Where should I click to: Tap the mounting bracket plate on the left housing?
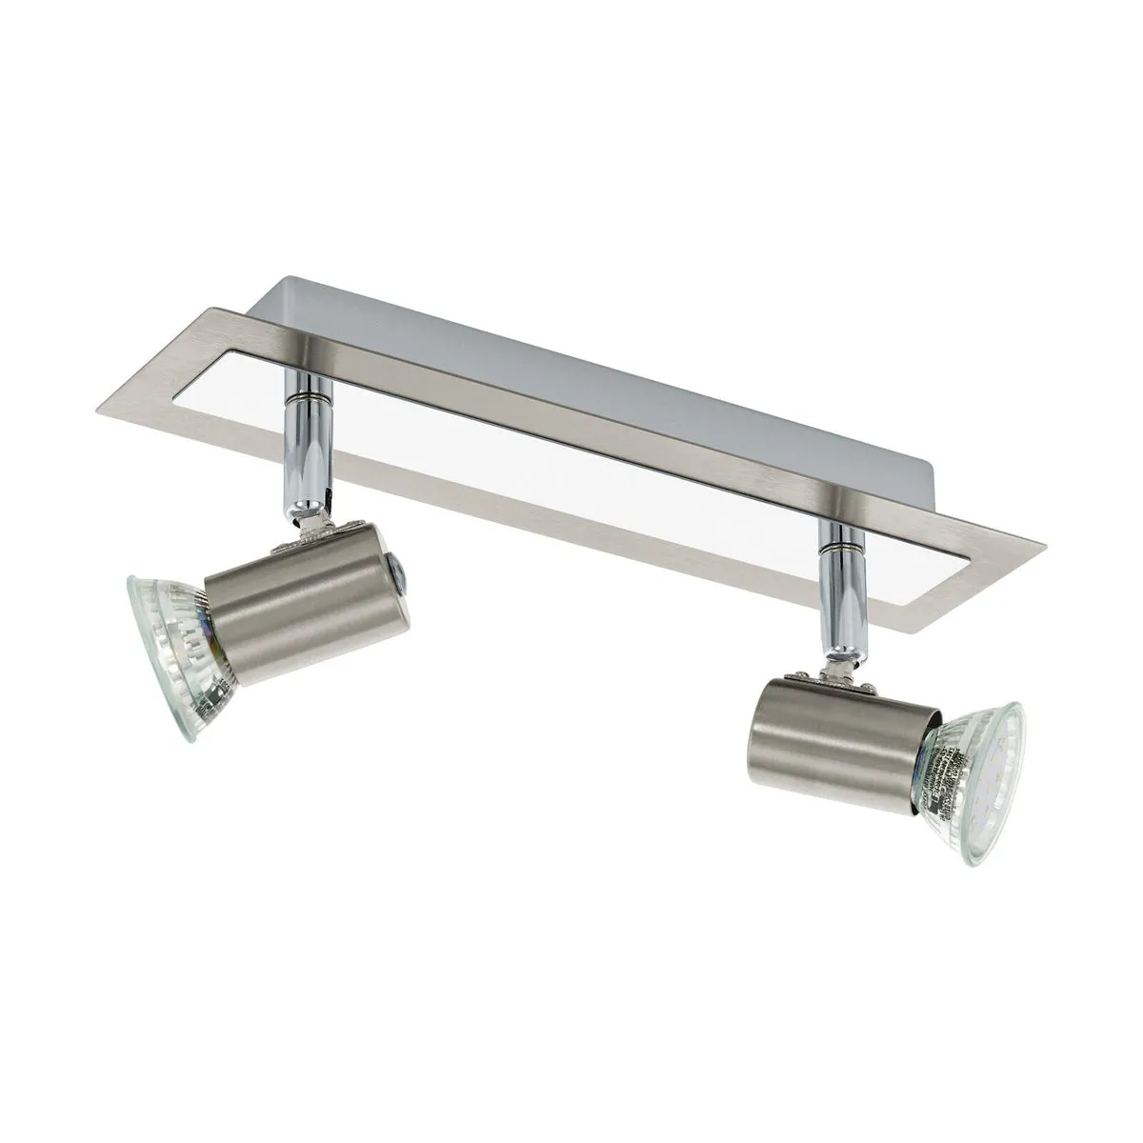pos(314,543)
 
